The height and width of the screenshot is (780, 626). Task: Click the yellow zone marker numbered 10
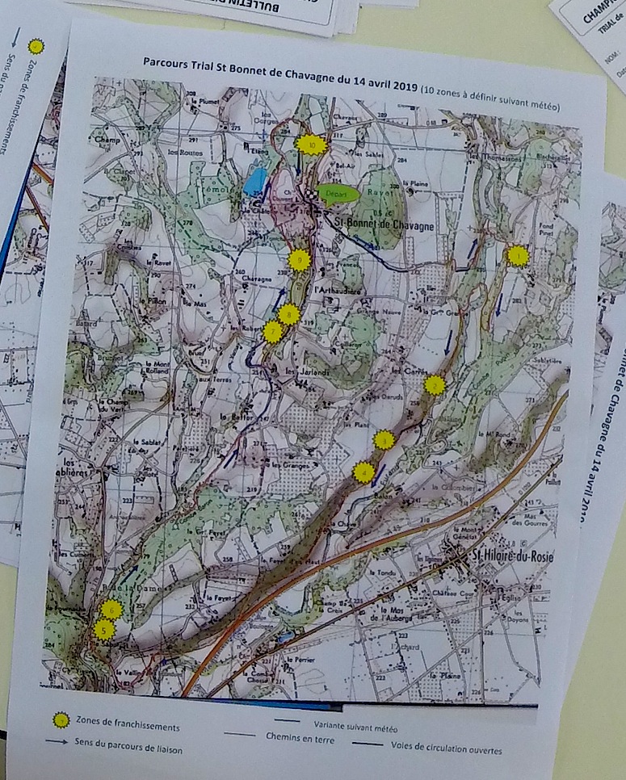[311, 145]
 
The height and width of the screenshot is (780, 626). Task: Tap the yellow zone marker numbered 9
[299, 260]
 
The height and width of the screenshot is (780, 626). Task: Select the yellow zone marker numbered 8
[288, 315]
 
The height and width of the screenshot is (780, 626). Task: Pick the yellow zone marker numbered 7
[273, 332]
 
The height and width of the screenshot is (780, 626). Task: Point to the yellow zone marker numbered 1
[517, 256]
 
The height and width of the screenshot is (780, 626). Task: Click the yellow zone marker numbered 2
[435, 385]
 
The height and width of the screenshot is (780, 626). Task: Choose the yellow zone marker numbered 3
[384, 440]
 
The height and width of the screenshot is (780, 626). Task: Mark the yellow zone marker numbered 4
[364, 472]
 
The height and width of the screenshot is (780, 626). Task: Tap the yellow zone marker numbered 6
[111, 610]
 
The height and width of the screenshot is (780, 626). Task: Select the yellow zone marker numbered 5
[103, 629]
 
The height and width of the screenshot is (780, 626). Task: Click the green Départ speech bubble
[336, 192]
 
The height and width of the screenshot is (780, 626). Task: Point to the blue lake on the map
[254, 182]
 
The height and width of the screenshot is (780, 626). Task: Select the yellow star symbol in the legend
[59, 719]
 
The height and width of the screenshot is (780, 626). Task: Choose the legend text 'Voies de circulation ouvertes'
[447, 749]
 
